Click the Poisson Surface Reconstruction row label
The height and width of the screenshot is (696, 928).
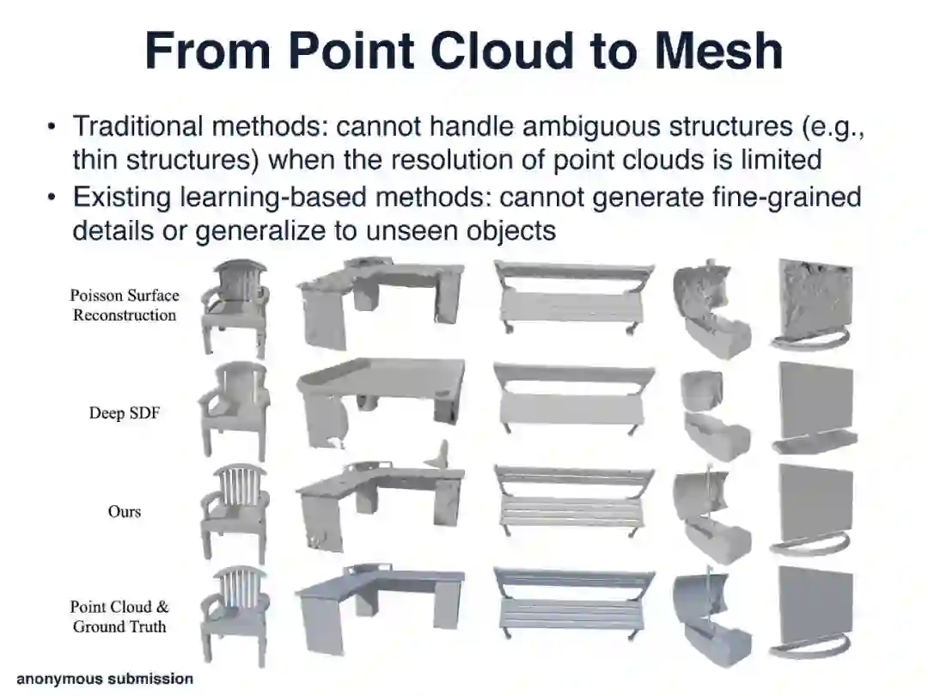tap(125, 305)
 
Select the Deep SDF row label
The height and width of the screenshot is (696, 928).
tap(125, 413)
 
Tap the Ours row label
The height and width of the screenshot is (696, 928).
tap(125, 511)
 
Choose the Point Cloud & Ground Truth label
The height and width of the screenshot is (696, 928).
tap(119, 616)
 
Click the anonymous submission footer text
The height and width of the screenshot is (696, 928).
tap(105, 679)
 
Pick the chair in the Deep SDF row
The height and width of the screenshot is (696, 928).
tap(234, 411)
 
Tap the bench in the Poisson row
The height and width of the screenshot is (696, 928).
tap(571, 296)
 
